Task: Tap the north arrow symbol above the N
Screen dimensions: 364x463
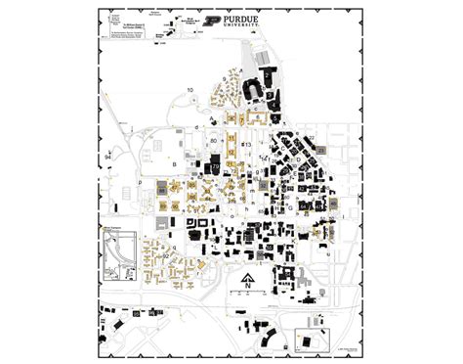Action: pyautogui.click(x=247, y=278)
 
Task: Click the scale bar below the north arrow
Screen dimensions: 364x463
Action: pyautogui.click(x=247, y=295)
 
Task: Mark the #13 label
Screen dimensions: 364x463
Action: pyautogui.click(x=248, y=144)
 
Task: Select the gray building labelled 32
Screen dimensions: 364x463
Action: pyautogui.click(x=332, y=203)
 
